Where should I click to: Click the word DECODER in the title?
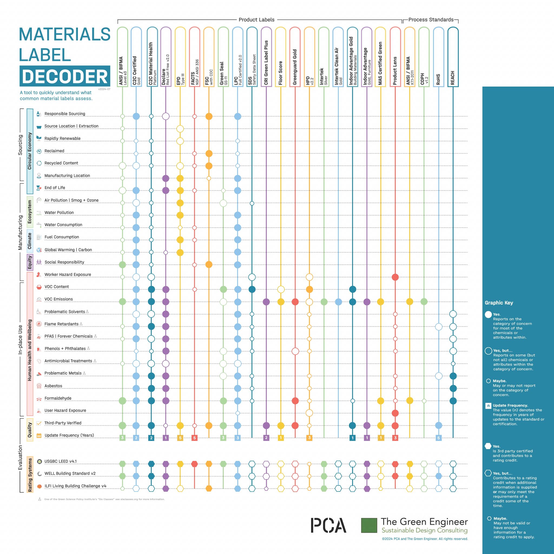click(x=65, y=76)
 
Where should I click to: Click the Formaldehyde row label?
click(x=58, y=398)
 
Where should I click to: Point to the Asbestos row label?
click(x=53, y=386)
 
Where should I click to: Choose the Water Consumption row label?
click(x=63, y=225)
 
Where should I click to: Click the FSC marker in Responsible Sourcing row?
click(x=209, y=116)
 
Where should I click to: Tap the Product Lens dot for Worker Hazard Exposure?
click(x=395, y=277)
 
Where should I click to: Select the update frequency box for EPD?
click(x=180, y=438)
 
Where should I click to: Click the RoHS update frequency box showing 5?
click(x=438, y=438)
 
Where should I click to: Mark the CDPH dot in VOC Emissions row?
click(x=424, y=301)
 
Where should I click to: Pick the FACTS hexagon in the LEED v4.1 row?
click(x=194, y=464)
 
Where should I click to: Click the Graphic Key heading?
click(x=499, y=303)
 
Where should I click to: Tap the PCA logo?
click(x=328, y=526)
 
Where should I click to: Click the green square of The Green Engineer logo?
click(x=369, y=526)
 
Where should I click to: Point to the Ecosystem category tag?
click(x=29, y=212)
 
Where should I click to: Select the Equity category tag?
click(x=30, y=262)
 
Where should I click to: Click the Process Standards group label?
click(x=431, y=20)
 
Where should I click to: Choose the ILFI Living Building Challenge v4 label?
click(x=75, y=486)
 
